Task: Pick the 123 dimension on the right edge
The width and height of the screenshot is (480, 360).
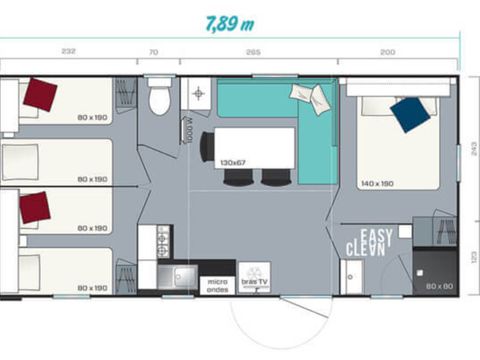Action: coord(470,256)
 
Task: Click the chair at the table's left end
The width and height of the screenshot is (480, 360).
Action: coord(206,147)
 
